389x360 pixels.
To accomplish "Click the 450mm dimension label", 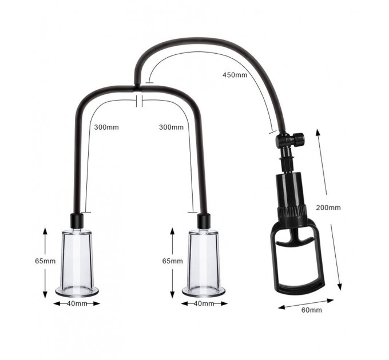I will pyautogui.click(x=235, y=75).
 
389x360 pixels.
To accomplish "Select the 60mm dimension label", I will pyautogui.click(x=311, y=310).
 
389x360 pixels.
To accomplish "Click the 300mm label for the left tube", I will pyautogui.click(x=106, y=127).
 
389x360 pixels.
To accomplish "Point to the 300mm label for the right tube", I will pyautogui.click(x=171, y=127).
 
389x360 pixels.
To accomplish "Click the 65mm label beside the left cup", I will pyautogui.click(x=45, y=261).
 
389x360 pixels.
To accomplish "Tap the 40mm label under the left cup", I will pyautogui.click(x=77, y=303).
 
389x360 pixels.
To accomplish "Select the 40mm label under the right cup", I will pyautogui.click(x=204, y=303).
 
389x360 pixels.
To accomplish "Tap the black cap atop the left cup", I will pyautogui.click(x=77, y=221).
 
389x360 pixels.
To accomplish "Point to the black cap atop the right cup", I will pyautogui.click(x=204, y=221).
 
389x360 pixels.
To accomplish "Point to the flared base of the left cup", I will pyautogui.click(x=77, y=291).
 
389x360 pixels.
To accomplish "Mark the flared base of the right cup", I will pyautogui.click(x=204, y=291).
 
